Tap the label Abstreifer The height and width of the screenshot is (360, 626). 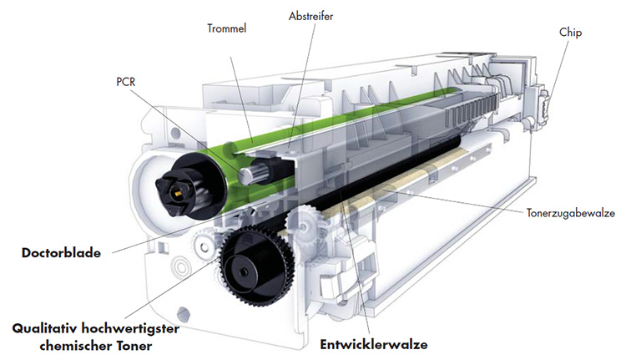pos(310,15)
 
